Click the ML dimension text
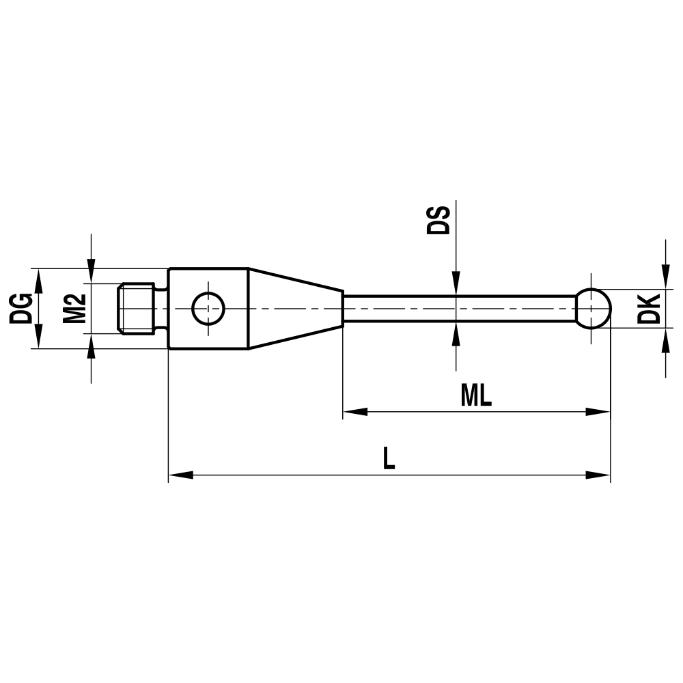click(476, 395)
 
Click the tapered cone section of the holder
click(294, 308)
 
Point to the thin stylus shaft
click(458, 308)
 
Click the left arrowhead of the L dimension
click(179, 475)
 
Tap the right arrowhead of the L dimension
click(599, 475)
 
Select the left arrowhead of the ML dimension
click(353, 412)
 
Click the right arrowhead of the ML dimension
click(599, 412)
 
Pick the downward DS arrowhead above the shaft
click(456, 285)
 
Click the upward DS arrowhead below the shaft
click(456, 332)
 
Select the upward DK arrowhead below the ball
click(665, 339)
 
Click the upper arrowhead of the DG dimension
click(38, 278)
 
